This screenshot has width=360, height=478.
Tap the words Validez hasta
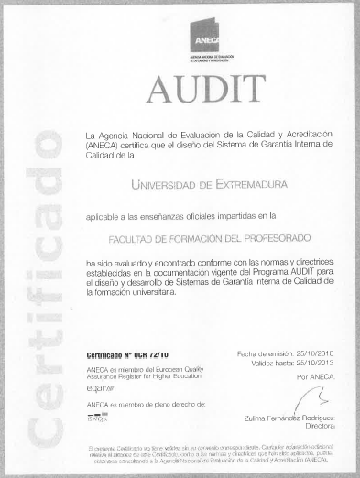(x=272, y=363)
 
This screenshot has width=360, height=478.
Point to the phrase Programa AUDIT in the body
(x=284, y=272)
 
